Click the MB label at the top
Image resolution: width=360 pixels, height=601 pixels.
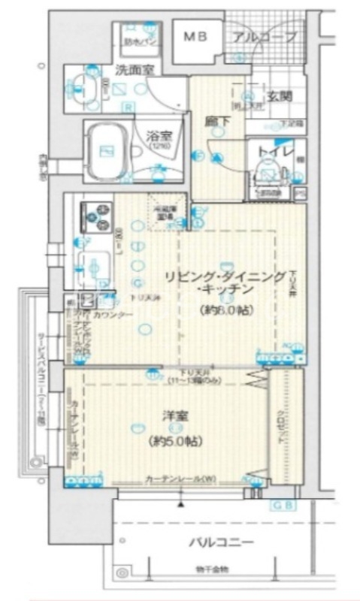[195, 36]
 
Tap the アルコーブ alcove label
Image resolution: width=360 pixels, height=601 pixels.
[264, 37]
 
